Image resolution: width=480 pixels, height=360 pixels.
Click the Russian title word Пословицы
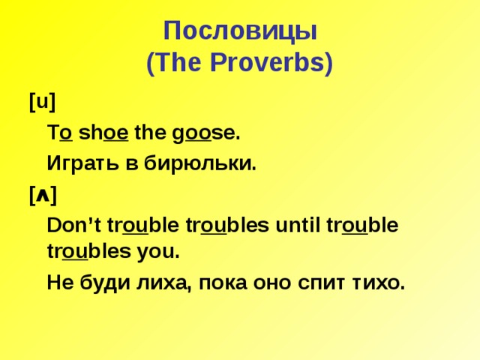click(x=240, y=32)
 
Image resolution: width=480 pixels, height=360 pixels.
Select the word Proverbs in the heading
click(x=271, y=64)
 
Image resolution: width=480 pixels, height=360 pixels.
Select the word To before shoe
click(x=60, y=133)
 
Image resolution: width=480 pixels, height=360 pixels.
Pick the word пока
click(x=216, y=283)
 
